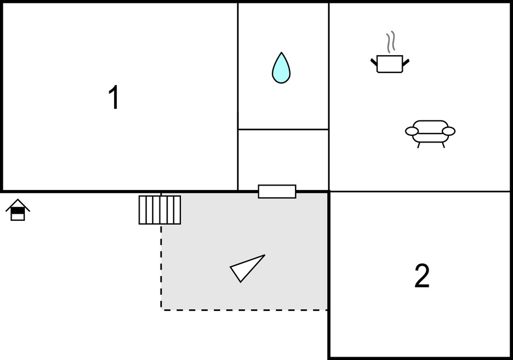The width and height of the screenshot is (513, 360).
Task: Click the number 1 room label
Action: [x=114, y=97]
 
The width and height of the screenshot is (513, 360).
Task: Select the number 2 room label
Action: [x=422, y=276]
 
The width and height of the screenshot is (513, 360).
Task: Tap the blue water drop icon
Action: [x=281, y=67]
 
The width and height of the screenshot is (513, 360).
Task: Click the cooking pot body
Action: [x=389, y=64]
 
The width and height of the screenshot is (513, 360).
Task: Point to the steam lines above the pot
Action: [x=390, y=41]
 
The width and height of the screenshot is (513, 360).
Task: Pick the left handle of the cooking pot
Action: [x=374, y=62]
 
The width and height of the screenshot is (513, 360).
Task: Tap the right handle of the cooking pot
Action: [x=405, y=62]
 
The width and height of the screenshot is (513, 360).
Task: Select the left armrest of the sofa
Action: [x=412, y=131]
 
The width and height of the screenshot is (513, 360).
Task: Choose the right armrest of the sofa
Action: [x=448, y=131]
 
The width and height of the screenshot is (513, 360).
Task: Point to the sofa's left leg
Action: [x=419, y=145]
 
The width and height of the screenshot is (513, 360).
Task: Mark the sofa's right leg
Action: [x=443, y=145]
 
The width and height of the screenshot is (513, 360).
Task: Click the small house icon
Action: [x=18, y=210]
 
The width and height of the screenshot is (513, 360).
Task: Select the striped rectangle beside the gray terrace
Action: [x=159, y=210]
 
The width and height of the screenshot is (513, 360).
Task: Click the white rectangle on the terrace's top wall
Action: [x=277, y=192]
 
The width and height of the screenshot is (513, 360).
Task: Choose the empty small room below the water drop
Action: [x=284, y=160]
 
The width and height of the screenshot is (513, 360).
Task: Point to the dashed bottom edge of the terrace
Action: [x=244, y=310]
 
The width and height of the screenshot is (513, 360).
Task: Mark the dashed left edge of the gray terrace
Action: [x=161, y=267]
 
